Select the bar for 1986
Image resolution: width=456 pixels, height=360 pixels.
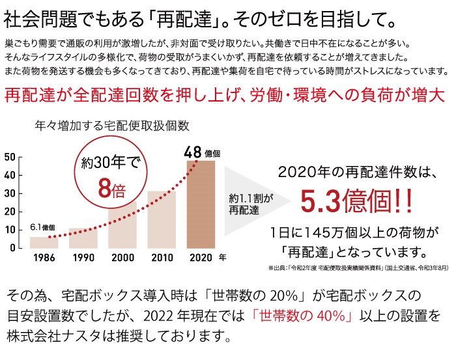click(x=44, y=242)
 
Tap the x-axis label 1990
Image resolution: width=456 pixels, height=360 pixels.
click(x=83, y=257)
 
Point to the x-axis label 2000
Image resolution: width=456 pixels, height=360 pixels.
click(x=122, y=257)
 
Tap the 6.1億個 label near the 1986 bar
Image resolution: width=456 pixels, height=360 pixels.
click(x=42, y=227)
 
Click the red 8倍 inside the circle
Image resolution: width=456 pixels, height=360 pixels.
click(x=111, y=188)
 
